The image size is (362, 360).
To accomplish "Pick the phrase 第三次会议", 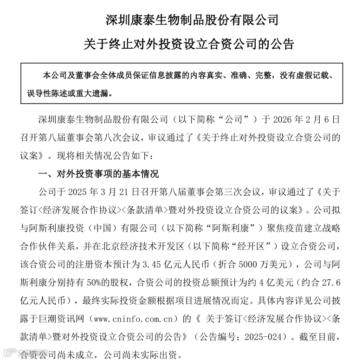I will [x=233, y=192].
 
